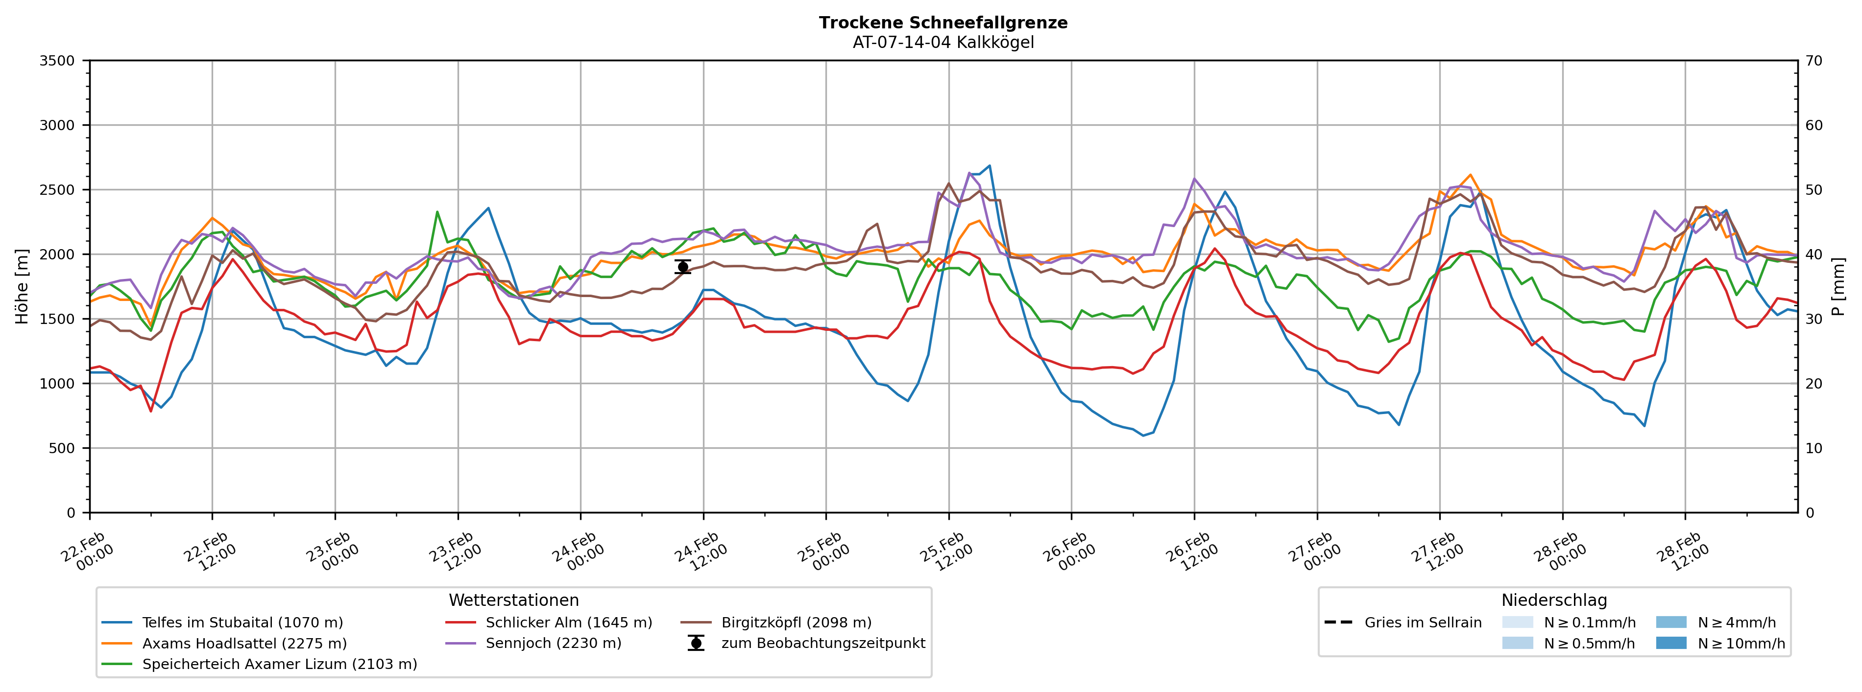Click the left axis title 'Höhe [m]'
[x=22, y=286]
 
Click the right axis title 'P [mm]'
[x=1838, y=286]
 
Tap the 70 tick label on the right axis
[x=1814, y=61]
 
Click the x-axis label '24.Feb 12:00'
[x=701, y=553]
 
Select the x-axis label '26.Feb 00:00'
[x=1068, y=553]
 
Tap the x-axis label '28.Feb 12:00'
[x=1682, y=553]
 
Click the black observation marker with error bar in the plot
[x=682, y=267]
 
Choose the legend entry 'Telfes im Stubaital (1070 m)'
[x=242, y=623]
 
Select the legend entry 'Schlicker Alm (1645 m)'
[x=568, y=623]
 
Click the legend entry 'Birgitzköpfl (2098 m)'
[x=796, y=623]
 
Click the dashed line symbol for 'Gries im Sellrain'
[x=1338, y=623]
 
